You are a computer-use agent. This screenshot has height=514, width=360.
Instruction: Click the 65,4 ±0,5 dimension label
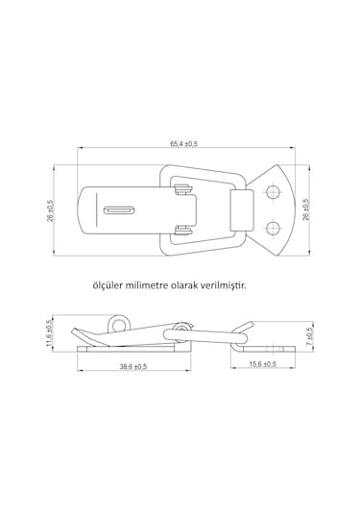click(183, 144)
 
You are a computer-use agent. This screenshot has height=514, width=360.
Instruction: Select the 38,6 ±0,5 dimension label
click(133, 367)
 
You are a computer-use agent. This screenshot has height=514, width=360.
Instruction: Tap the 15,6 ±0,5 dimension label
click(263, 364)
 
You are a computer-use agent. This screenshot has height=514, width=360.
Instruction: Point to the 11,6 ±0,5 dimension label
click(50, 333)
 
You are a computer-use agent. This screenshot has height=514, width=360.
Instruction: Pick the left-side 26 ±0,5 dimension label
click(51, 210)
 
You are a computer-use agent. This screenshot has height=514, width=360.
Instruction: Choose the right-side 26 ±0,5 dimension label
click(305, 209)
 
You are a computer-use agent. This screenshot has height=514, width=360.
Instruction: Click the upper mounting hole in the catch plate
click(273, 192)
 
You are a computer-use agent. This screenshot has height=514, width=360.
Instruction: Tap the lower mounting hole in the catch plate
click(273, 228)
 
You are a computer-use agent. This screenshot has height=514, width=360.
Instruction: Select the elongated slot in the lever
click(119, 210)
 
